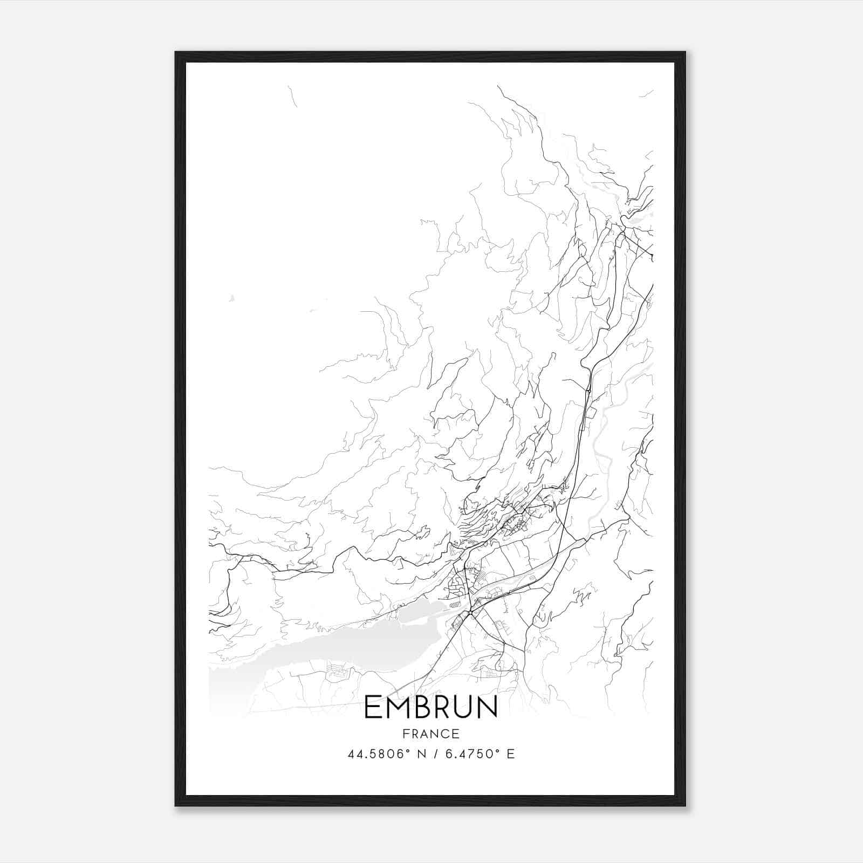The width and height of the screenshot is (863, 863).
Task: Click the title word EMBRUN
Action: [430, 708]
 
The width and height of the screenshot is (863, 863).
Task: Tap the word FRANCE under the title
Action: [430, 734]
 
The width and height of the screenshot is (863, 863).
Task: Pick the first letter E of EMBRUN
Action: [372, 708]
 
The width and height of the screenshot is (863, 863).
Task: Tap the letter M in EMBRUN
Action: [395, 708]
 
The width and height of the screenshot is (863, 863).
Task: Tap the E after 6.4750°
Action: [510, 754]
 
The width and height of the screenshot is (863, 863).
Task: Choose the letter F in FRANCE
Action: [405, 734]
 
